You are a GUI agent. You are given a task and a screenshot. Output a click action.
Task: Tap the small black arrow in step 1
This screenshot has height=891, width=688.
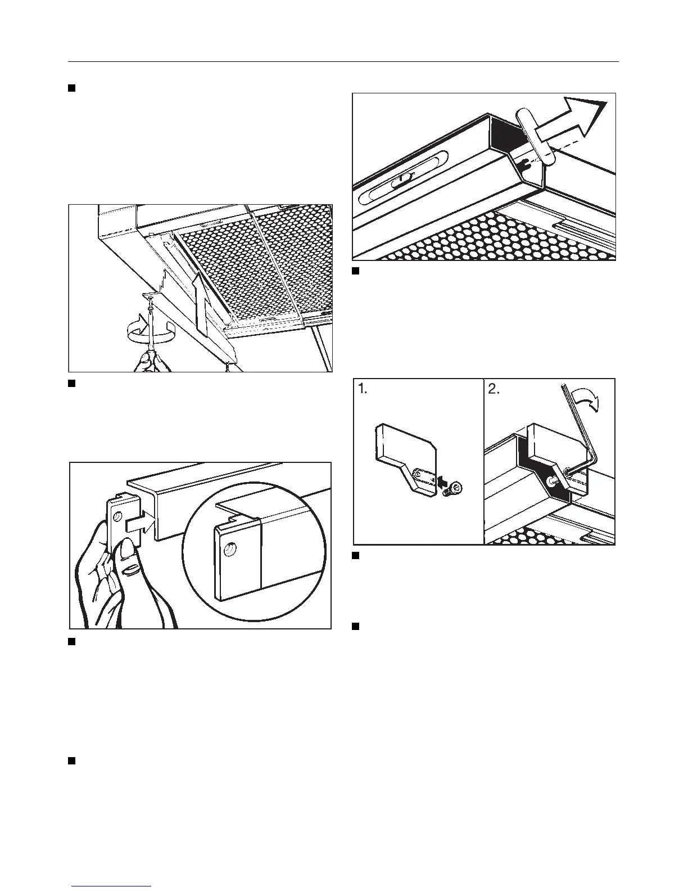(442, 481)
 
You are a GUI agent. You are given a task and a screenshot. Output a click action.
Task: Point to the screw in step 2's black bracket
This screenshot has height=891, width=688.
(553, 480)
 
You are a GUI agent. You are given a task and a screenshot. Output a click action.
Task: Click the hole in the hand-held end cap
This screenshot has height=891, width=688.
(118, 516)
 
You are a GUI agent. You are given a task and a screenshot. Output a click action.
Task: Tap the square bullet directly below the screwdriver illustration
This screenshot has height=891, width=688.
(72, 384)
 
